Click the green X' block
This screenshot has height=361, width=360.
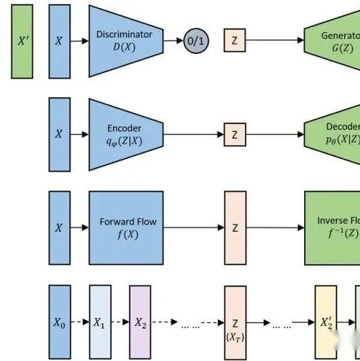22,41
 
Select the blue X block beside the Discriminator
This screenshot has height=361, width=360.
59,41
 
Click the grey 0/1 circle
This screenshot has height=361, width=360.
196,41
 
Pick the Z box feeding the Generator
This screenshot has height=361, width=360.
234,40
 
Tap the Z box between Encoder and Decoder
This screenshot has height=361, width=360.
234,135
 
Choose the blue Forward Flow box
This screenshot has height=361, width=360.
127,228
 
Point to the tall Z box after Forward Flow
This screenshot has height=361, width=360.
235,228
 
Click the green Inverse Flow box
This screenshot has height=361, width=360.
332,228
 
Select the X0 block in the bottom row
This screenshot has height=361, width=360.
59,322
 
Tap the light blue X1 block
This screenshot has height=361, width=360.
100,322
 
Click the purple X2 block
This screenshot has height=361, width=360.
140,322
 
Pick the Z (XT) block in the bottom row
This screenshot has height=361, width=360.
235,322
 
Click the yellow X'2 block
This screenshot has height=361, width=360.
325,322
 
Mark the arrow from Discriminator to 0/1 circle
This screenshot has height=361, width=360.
174,41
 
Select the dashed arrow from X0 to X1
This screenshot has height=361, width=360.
79,322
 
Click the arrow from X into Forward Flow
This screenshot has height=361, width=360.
79,228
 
